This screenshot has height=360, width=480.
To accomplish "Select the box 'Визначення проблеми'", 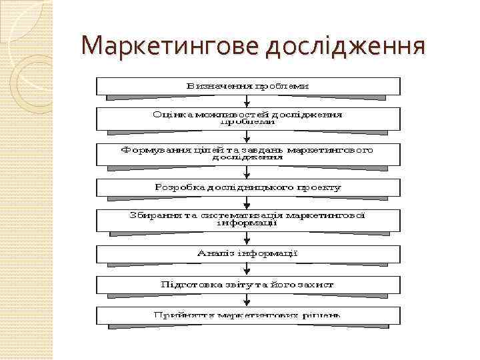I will [249, 86].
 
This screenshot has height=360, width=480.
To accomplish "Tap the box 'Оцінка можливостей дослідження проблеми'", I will [249, 119].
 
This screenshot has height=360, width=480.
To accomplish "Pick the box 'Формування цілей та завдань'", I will [249, 154].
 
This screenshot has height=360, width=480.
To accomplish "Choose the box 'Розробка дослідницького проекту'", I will [249, 187].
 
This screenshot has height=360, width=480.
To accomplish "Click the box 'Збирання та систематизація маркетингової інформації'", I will [249, 220].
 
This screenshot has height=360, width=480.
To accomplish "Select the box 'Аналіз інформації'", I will [249, 254].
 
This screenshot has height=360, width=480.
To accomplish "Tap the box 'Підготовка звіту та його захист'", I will [249, 285].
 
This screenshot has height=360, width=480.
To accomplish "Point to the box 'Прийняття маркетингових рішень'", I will [249, 315].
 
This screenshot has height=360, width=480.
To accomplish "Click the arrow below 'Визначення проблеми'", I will [248, 101].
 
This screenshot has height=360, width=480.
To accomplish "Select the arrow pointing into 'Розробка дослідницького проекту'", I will [248, 172].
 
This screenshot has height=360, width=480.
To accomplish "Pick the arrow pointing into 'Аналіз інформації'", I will [248, 239].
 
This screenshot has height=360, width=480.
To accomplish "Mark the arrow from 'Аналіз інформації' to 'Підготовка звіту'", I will [248, 270].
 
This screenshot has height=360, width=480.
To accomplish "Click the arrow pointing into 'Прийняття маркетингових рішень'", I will [248, 301].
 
